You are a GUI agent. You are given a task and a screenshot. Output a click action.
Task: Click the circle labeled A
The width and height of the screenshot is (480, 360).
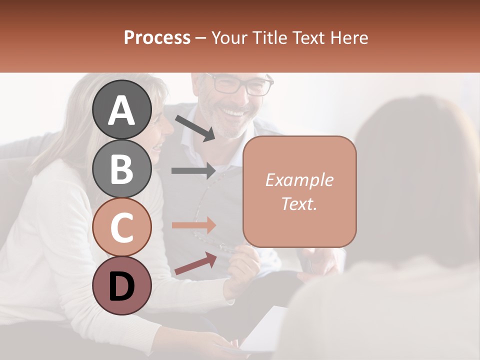(122, 109)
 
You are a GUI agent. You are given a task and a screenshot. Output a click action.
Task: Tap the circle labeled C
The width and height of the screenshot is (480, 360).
(122, 227)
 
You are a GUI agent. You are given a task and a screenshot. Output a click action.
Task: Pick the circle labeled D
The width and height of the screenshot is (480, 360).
(122, 285)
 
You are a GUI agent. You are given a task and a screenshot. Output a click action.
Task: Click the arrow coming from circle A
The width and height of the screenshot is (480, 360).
(195, 128)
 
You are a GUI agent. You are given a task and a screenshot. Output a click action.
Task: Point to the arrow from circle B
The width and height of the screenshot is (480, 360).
(193, 170)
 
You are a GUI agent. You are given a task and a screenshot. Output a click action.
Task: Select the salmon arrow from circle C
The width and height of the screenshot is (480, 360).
(193, 225)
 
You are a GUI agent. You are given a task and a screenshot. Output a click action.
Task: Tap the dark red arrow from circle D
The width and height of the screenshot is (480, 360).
(195, 263)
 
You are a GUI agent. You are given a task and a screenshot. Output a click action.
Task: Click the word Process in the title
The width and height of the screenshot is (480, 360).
(157, 37)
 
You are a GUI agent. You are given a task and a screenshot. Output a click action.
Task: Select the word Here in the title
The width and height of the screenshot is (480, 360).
(350, 37)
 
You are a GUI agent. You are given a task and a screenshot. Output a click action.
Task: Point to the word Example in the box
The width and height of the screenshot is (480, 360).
(299, 180)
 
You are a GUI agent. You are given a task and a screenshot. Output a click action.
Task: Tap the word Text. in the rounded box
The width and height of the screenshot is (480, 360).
(299, 203)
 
